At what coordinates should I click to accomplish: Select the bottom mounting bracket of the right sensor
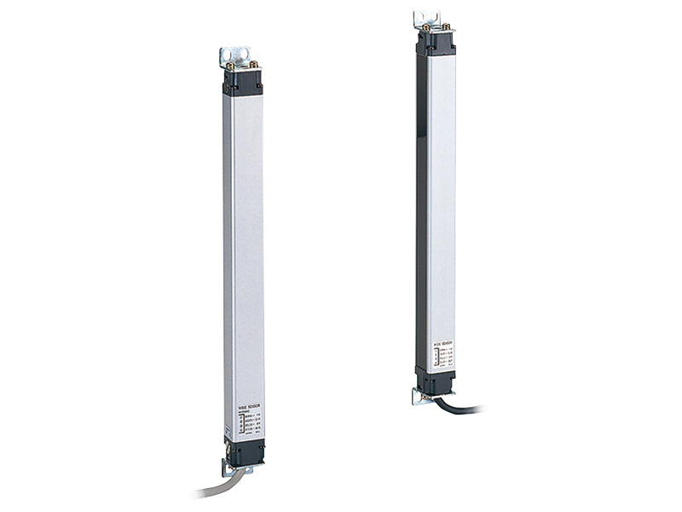pos(419,397)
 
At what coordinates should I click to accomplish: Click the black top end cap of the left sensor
pos(243,82)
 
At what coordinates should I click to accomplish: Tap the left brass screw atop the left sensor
pos(230,67)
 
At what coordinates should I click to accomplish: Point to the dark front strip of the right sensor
pos(422,213)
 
